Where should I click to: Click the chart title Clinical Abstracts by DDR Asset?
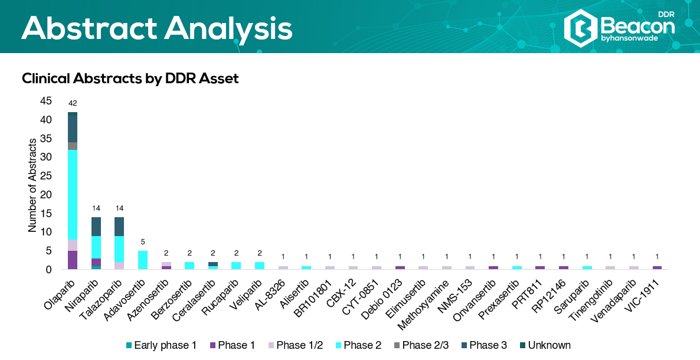(130, 78)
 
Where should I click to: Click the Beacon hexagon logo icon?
(580, 28)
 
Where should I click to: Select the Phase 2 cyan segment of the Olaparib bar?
(73, 195)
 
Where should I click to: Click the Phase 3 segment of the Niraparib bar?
(96, 227)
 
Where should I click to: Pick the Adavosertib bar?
(143, 260)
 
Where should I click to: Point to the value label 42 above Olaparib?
(73, 103)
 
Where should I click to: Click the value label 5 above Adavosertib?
(143, 242)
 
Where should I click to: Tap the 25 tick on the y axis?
(46, 176)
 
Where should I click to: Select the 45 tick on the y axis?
(46, 101)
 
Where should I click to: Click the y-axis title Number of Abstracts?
(32, 185)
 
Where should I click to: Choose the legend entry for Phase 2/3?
(421, 345)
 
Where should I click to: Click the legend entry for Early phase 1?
(161, 345)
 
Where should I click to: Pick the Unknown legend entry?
(545, 345)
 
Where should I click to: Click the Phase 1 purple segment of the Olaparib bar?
(73, 260)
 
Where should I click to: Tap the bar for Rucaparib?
(236, 266)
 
